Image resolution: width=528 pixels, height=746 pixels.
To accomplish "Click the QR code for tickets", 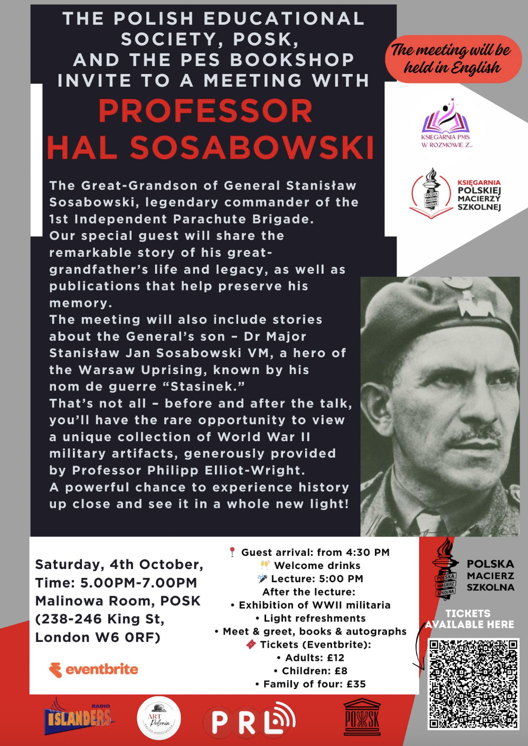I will (x=473, y=684).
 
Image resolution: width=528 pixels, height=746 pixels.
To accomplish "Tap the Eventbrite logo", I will (x=93, y=669).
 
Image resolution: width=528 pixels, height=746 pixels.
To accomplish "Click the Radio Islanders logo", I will (x=79, y=716).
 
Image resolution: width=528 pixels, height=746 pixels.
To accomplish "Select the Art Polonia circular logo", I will (x=158, y=718).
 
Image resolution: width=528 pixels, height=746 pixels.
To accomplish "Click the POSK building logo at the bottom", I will (x=362, y=717).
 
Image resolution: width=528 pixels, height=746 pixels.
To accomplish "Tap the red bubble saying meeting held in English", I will (x=452, y=59).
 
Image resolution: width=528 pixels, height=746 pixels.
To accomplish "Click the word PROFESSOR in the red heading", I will (x=205, y=111).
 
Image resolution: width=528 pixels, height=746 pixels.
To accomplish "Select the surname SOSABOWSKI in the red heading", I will (x=252, y=147).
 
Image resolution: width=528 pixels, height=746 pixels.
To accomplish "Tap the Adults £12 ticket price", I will (x=310, y=658).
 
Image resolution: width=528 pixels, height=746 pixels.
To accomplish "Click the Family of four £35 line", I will (x=310, y=684).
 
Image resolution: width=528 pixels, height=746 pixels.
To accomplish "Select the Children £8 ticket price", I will (x=310, y=671).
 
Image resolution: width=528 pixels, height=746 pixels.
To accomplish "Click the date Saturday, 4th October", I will (x=119, y=564).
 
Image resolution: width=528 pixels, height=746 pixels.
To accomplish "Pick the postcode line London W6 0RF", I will (x=98, y=638).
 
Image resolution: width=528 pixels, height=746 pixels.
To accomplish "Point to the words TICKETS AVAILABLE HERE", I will (x=469, y=619).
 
